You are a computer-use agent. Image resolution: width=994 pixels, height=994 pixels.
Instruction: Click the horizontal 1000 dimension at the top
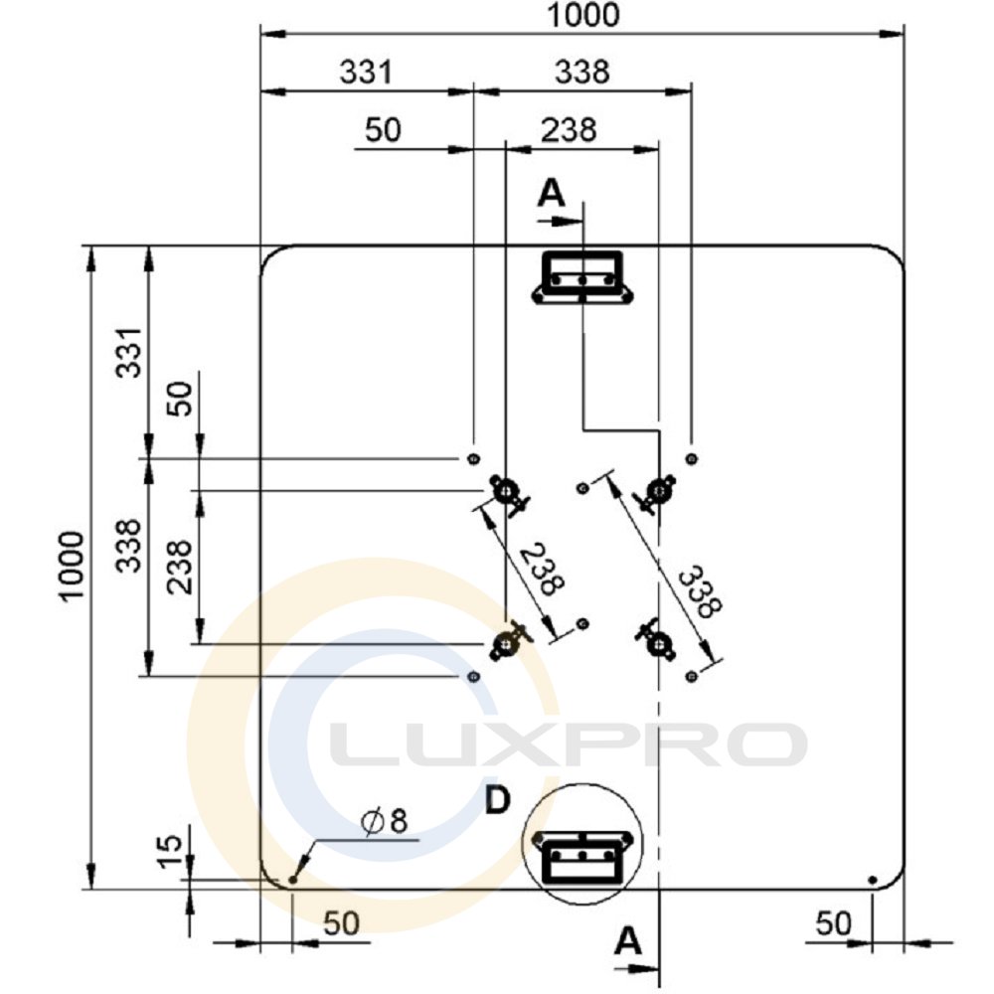[582, 15]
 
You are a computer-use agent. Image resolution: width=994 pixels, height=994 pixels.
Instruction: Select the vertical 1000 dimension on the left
[72, 566]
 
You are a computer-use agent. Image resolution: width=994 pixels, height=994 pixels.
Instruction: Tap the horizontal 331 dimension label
[367, 72]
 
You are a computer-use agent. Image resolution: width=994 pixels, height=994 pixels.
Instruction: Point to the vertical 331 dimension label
[128, 353]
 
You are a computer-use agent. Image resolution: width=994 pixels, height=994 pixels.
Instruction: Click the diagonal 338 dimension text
[701, 591]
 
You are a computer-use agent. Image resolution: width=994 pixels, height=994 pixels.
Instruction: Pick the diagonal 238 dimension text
[543, 569]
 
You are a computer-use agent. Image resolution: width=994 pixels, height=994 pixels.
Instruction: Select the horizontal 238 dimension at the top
[569, 130]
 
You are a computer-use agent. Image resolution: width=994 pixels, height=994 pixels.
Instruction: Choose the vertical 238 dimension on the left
[179, 567]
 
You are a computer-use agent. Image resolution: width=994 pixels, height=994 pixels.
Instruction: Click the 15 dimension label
[169, 852]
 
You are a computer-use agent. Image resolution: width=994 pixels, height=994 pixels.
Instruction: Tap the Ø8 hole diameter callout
[384, 822]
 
